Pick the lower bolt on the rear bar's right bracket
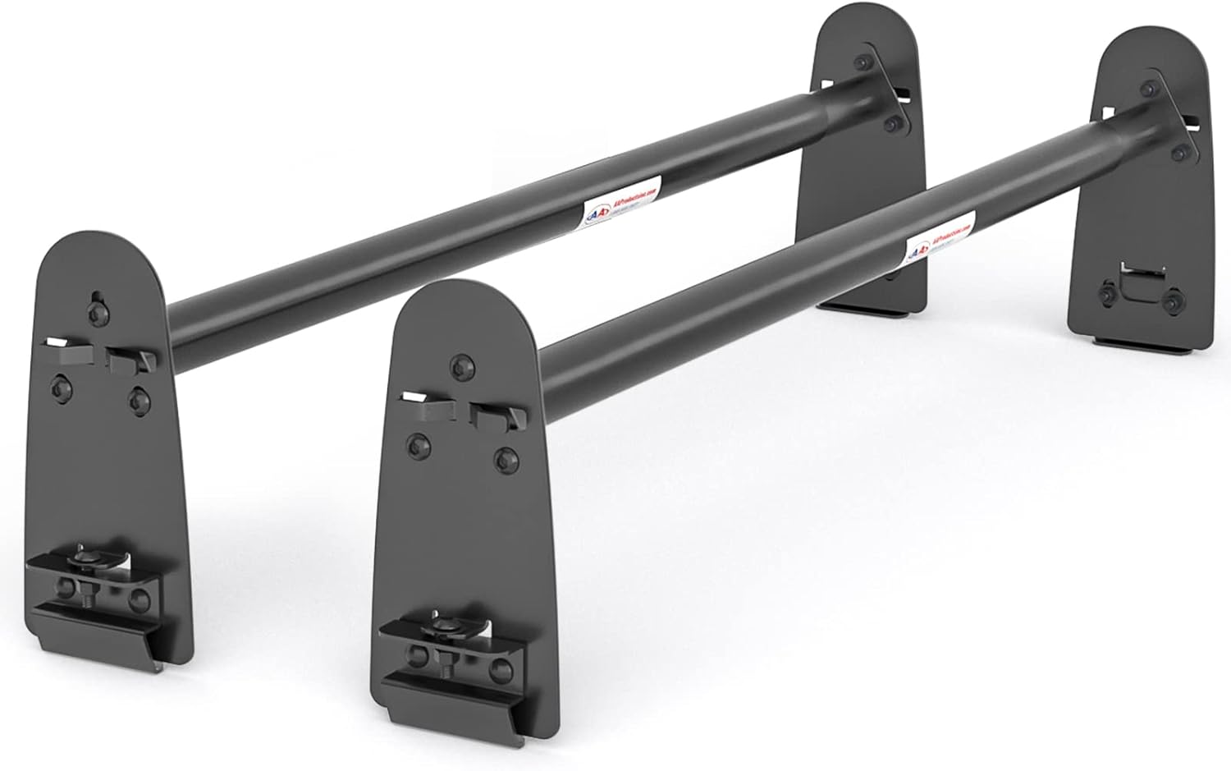[893, 124]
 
